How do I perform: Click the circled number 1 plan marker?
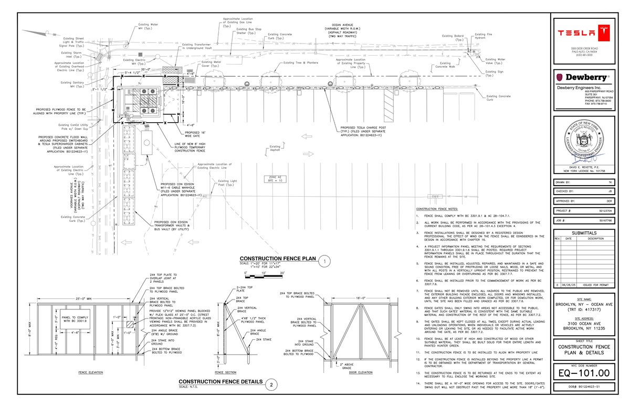click(325, 261)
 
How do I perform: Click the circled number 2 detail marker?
click(271, 384)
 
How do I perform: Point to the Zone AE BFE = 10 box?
click(276, 179)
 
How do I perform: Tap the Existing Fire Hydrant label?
click(485, 37)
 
